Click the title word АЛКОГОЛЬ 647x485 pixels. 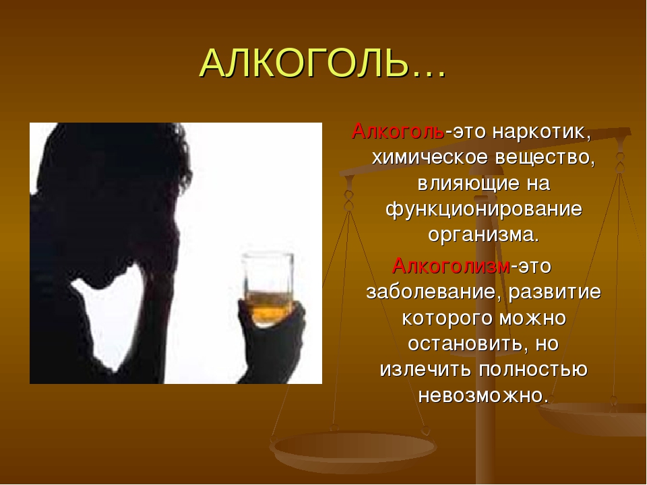click(x=305, y=63)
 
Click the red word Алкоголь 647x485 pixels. click(x=398, y=131)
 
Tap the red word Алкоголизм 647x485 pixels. click(x=451, y=265)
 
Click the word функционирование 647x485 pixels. click(x=484, y=209)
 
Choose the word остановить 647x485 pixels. click(x=468, y=344)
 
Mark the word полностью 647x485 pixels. click(x=533, y=370)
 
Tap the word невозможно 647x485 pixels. click(x=483, y=395)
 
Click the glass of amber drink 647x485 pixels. click(x=268, y=288)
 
